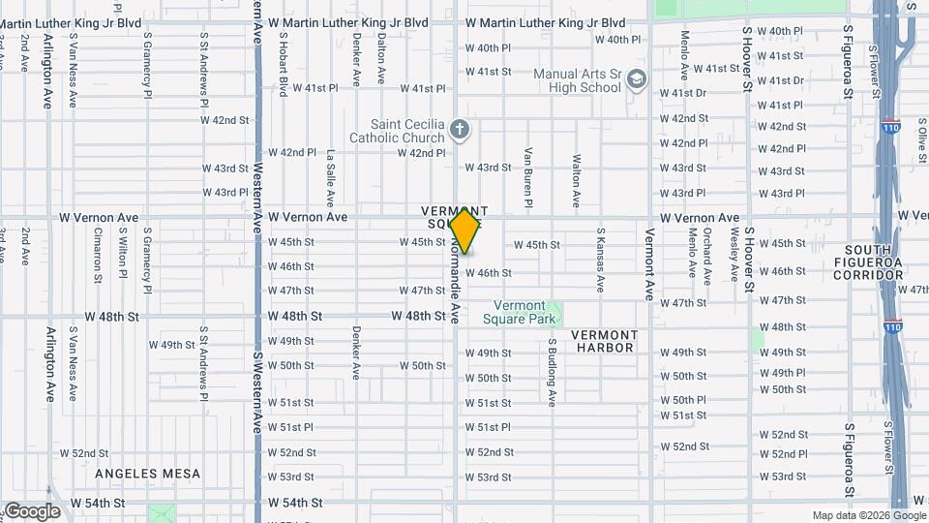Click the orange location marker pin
point(465,231)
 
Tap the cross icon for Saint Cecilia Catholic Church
point(460,128)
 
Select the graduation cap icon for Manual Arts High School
point(636,78)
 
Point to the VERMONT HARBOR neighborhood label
point(604,341)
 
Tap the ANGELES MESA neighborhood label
point(148,474)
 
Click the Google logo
point(31,511)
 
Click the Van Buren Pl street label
point(528,177)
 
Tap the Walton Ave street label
point(576,180)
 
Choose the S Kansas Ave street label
point(600,260)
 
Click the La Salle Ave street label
point(330,178)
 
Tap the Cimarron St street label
point(98,255)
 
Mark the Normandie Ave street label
point(452,281)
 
